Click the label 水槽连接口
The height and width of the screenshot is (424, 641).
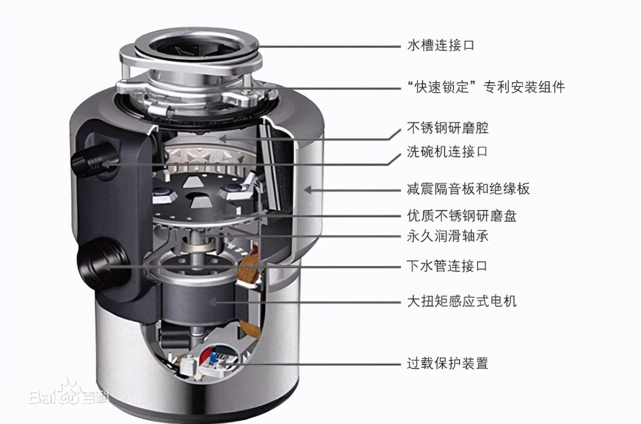tap(440, 45)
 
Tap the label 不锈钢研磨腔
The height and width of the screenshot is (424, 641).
tap(448, 128)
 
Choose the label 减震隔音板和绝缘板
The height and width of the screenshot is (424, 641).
tap(468, 189)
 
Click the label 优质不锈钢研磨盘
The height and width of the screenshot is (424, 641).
tap(461, 216)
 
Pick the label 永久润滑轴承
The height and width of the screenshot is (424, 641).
tap(447, 236)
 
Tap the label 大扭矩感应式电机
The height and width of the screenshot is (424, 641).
tap(461, 301)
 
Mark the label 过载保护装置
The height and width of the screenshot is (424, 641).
tap(447, 363)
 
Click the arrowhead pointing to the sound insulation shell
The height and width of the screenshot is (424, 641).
tap(307, 189)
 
